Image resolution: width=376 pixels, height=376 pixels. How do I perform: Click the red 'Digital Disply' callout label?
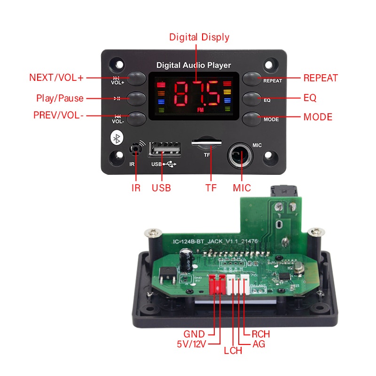coord(199,37)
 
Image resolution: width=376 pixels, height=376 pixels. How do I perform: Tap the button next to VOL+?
coord(136,78)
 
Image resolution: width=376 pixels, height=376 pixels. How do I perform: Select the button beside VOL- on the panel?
coord(136,117)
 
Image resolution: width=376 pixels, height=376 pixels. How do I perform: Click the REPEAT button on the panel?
coord(252,78)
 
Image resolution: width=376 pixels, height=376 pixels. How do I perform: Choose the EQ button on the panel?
coord(252,98)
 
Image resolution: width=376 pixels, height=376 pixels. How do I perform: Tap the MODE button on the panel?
coord(252,117)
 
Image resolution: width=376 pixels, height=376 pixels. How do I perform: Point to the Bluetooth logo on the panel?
coord(116,138)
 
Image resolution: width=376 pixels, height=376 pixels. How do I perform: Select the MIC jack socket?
coord(241,155)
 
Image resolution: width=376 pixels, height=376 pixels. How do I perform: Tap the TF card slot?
coord(207,142)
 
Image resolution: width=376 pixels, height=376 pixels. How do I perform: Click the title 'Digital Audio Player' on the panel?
coord(194,65)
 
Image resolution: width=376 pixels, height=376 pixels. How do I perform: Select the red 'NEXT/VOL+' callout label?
coord(56,78)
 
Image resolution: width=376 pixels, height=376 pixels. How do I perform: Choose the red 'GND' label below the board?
coord(194,334)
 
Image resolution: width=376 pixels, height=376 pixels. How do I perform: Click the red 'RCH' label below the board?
coord(261,334)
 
